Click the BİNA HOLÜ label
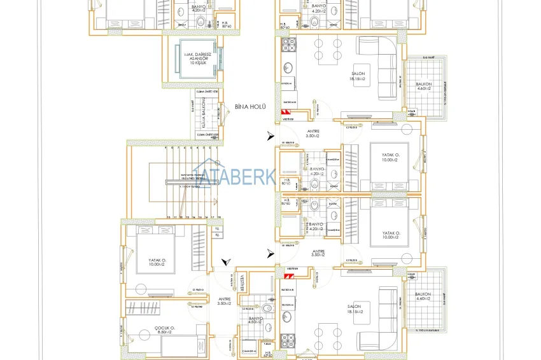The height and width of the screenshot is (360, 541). coord(249,107)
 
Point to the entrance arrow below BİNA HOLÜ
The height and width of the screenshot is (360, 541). coord(272,135)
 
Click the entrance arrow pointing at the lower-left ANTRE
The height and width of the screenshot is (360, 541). coord(225,262)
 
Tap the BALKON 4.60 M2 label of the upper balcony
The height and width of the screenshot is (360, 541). coord(423,86)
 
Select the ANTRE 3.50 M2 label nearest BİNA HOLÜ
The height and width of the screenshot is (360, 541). coord(312,134)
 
